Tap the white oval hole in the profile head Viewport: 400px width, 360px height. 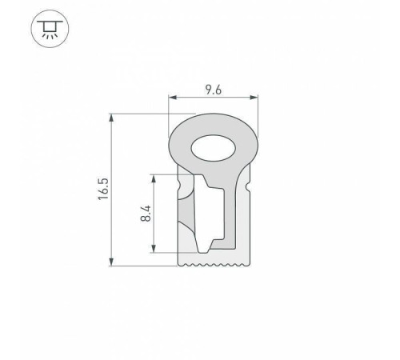click(x=213, y=148)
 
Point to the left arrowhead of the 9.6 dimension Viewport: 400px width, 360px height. click(x=172, y=98)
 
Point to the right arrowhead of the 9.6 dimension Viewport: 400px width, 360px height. click(x=255, y=98)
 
